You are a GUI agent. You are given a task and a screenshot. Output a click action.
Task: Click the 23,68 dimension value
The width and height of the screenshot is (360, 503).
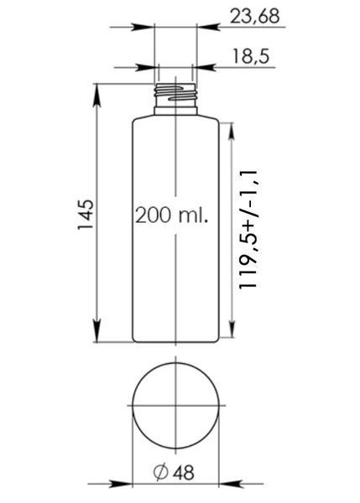pyautogui.click(x=254, y=16)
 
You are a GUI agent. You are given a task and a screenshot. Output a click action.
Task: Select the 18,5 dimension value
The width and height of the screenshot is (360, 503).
pyautogui.click(x=250, y=56)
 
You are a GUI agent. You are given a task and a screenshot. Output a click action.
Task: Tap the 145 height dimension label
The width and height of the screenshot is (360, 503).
pyautogui.click(x=86, y=214)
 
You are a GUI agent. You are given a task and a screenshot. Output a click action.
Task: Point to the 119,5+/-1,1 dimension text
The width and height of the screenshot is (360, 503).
pyautogui.click(x=248, y=229)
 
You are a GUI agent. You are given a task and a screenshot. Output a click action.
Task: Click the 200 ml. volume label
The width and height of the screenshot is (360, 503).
pyautogui.click(x=172, y=215)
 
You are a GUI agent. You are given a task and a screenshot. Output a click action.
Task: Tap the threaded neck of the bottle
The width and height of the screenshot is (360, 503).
pyautogui.click(x=175, y=95)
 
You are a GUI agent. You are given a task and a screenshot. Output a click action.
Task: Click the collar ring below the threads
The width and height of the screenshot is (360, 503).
pyautogui.click(x=175, y=111)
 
